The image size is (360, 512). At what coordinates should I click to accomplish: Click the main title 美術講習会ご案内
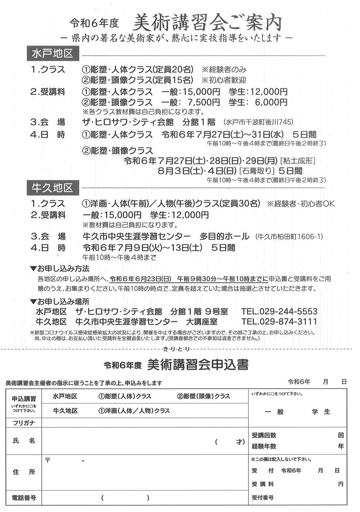coord(207,23)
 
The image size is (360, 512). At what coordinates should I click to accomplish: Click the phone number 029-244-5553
coord(279,311)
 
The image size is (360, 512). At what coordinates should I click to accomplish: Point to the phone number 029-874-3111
coord(279,321)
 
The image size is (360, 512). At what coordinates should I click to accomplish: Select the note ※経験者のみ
coord(224,70)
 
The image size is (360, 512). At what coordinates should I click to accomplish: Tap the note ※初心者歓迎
coord(224,80)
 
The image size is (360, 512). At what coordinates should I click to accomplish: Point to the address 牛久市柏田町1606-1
coord(290,236)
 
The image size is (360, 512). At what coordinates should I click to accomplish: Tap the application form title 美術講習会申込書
coord(197,365)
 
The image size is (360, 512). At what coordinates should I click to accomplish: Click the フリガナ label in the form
coord(24,423)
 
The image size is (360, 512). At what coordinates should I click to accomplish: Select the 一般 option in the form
coord(274,412)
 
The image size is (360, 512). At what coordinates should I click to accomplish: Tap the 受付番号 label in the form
coord(262,498)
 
